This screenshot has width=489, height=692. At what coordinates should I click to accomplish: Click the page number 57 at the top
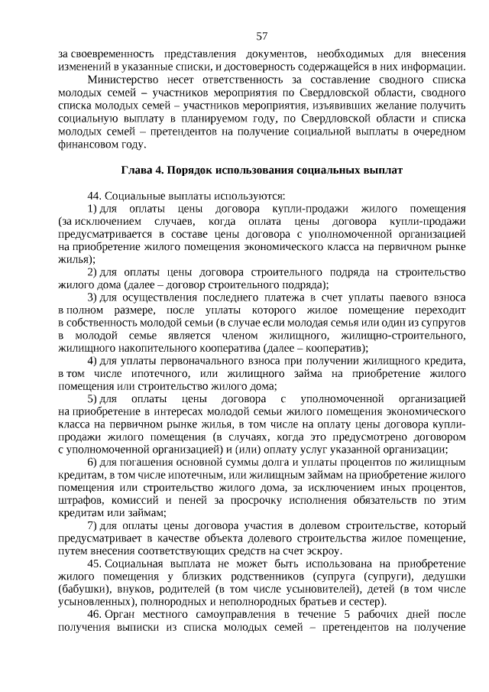[x=261, y=36]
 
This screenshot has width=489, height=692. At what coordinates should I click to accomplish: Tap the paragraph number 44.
[x=95, y=195]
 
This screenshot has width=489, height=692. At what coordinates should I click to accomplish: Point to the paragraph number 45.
[x=95, y=564]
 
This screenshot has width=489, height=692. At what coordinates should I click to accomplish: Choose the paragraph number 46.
[x=95, y=614]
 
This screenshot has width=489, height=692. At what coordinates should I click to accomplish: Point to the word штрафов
[x=79, y=501]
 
